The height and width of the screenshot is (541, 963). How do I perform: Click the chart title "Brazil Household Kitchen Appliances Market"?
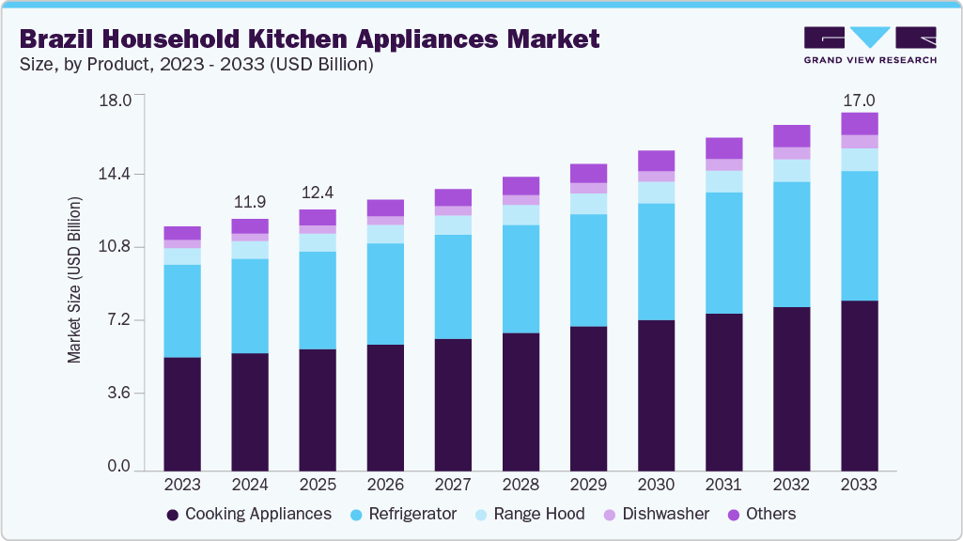coord(309,39)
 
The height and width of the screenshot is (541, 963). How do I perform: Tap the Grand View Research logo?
coord(870,45)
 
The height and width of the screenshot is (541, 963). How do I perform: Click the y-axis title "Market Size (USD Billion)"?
coord(75,281)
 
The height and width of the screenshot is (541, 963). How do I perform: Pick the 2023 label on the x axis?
coord(182,486)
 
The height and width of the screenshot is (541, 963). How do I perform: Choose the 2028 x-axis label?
coord(520,486)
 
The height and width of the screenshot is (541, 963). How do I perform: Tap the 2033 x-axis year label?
coord(859,486)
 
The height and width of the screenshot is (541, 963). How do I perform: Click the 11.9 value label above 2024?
coord(250,202)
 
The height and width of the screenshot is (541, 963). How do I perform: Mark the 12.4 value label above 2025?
coord(318,193)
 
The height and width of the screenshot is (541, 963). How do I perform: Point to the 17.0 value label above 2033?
coord(859,100)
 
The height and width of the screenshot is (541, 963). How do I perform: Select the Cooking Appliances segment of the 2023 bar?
coord(182,413)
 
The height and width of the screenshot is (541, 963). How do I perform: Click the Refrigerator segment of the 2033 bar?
coord(859,236)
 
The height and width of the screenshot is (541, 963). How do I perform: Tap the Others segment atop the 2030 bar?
coord(656,161)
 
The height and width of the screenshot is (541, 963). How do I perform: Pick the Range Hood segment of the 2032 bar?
coord(791,170)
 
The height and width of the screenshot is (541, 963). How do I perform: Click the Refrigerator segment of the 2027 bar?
coord(453,286)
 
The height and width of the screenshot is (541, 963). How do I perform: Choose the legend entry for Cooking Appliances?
coord(248,514)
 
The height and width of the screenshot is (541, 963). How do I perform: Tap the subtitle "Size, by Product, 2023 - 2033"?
coord(196,65)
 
